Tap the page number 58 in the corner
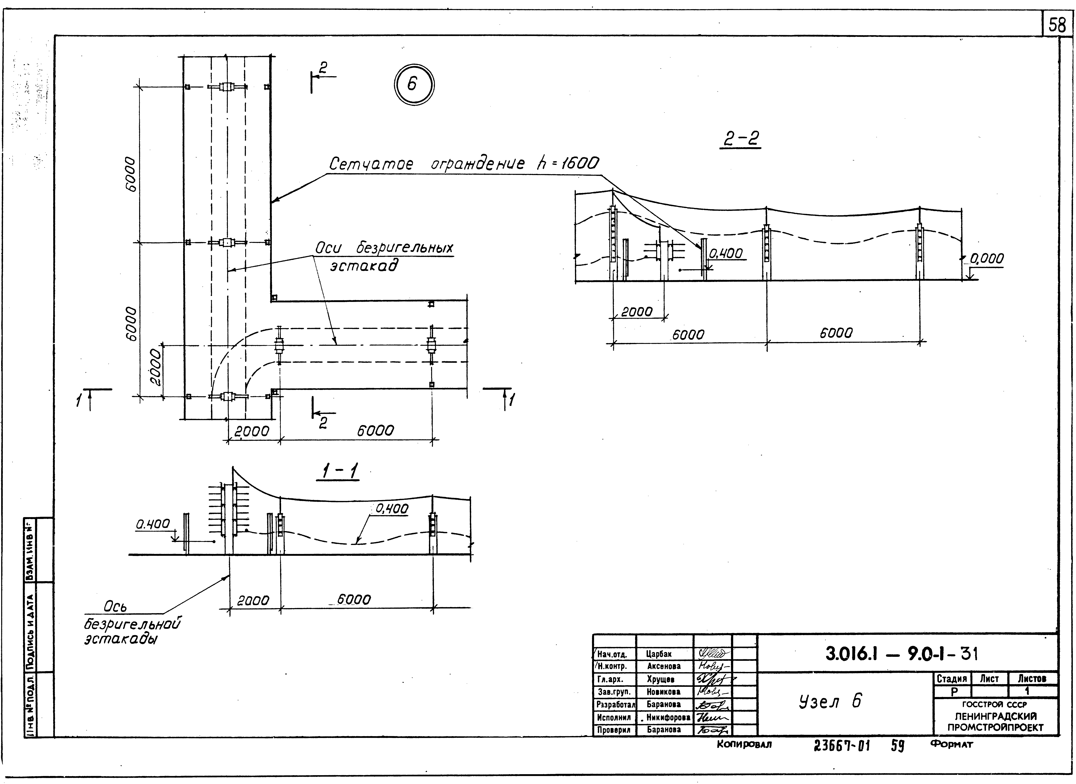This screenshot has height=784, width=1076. tap(1057, 25)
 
